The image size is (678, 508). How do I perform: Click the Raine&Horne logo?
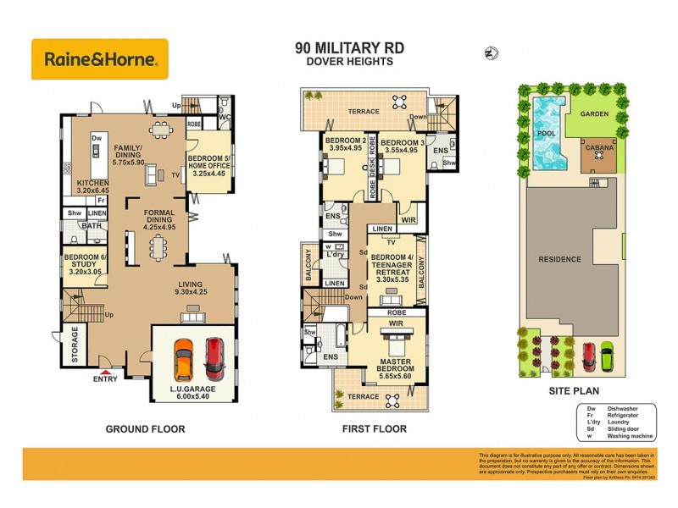coord(99,59)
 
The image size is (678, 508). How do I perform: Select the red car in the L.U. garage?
coord(214,357)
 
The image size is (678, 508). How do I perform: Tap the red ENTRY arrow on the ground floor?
coord(105,369)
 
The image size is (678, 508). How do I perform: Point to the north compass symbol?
coord(489,53)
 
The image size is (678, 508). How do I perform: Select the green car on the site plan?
coord(606,356)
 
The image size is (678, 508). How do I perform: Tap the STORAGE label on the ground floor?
coord(74,345)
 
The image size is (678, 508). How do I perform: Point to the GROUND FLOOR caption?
coord(145,429)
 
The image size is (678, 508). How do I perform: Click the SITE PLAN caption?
coord(575,391)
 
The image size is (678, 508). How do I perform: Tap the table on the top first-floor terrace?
coord(398,102)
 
